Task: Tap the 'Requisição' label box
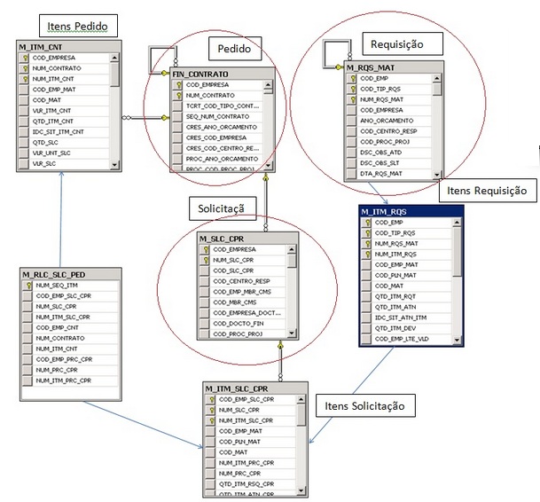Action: tap(396, 43)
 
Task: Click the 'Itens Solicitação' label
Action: tap(365, 405)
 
